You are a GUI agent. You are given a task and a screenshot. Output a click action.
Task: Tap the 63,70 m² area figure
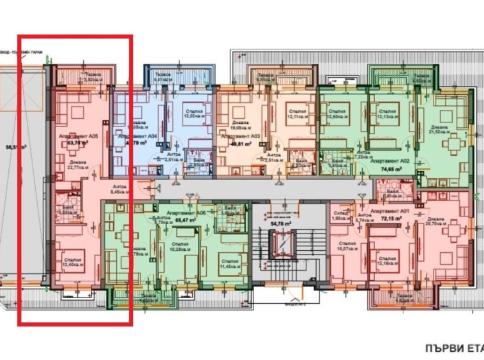click(x=77, y=144)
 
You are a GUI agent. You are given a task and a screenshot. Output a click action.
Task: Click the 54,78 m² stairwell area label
click(x=280, y=224)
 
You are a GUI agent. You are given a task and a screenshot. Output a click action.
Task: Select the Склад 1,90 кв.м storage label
click(x=338, y=215)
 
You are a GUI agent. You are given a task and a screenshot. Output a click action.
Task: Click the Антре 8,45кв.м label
click(x=120, y=188)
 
